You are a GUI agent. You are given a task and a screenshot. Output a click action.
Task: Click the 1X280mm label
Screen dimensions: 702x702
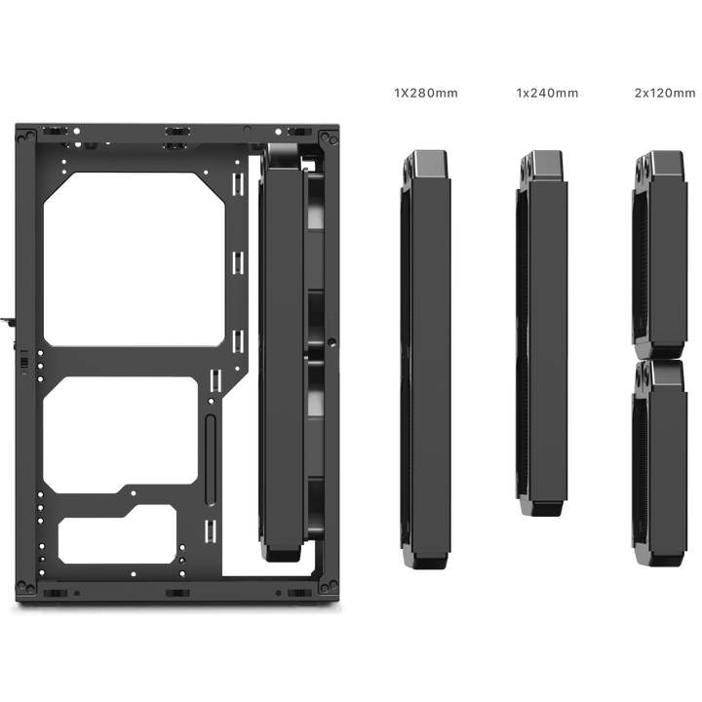426,94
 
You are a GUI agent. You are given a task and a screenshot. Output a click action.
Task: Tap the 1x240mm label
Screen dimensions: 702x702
547,94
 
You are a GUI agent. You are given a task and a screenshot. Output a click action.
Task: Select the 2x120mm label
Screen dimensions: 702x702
665,94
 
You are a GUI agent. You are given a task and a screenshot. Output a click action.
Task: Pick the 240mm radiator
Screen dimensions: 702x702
542,333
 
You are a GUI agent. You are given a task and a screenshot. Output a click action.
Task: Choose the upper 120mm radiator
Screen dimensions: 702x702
659,254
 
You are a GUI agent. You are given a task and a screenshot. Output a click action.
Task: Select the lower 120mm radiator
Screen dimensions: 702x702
659,463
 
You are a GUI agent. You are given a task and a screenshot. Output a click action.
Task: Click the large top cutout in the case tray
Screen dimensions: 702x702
135,259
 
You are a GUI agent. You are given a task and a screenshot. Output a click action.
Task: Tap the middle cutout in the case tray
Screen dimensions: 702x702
120,435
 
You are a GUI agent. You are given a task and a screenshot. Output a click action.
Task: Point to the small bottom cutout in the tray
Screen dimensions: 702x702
117,534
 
